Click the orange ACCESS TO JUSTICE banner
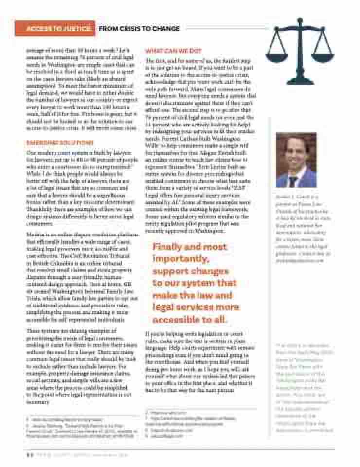[x=54, y=29]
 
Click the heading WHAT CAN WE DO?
[x=174, y=51]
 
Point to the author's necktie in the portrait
[x=293, y=181]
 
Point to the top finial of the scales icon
[x=300, y=20]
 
